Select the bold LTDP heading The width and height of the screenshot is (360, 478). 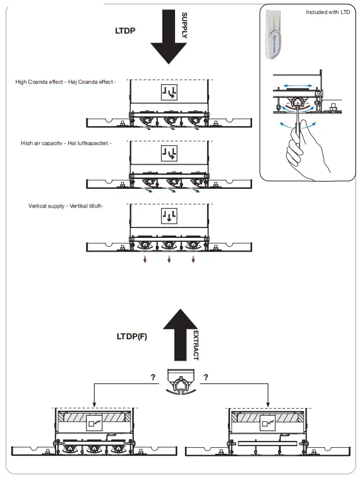click(126, 31)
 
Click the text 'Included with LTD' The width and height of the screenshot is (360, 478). click(328, 12)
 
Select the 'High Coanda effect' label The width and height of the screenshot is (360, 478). click(66, 82)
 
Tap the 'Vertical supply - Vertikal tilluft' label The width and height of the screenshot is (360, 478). click(66, 206)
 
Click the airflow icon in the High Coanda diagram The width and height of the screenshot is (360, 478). click(169, 92)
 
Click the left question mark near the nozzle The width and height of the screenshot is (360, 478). click(152, 377)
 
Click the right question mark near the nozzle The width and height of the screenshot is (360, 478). click(205, 377)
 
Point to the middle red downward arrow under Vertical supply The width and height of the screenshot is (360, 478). click(170, 259)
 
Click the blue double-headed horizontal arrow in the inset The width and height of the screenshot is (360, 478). click(298, 86)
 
